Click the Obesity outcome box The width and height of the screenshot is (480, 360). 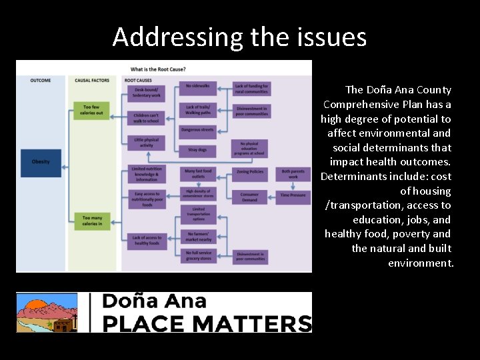40,162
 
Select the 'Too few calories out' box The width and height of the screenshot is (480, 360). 92,110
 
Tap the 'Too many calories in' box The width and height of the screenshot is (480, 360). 92,220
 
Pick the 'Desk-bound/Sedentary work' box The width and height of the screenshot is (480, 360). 147,93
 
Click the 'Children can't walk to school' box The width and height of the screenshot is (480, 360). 147,117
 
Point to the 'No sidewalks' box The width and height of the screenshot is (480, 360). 198,86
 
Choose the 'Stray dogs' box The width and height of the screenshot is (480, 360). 198,150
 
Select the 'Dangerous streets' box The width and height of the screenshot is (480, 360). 198,130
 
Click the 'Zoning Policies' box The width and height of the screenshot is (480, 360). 250,172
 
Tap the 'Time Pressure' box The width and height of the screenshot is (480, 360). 293,195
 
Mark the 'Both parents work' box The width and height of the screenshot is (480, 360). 293,173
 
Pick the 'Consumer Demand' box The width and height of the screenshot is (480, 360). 250,197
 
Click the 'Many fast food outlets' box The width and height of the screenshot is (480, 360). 198,173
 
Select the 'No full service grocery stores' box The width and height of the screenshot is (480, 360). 198,256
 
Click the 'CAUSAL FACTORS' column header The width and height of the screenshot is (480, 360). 92,81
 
